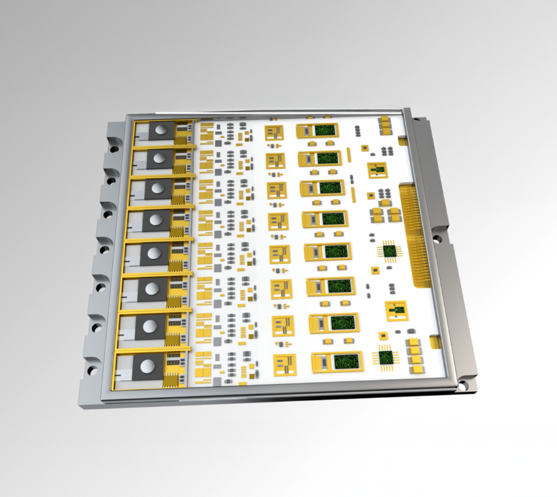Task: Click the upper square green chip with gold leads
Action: (390, 250)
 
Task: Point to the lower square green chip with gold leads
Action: (387, 357)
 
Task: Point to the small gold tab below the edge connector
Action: (436, 342)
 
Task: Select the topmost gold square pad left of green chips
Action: (274, 132)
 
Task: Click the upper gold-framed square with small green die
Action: (377, 170)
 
